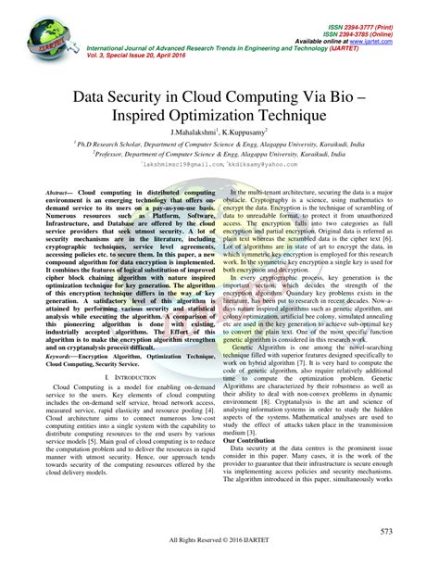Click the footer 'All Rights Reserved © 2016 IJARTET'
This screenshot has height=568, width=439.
click(x=219, y=556)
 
